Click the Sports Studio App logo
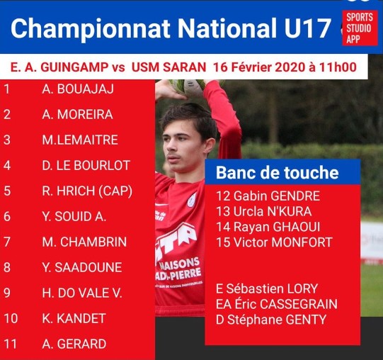[360, 28]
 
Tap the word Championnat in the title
[91, 28]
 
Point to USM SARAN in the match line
[168, 67]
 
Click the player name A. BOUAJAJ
[78, 89]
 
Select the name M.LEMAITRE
[80, 140]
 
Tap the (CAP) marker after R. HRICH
[115, 191]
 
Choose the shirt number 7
[7, 242]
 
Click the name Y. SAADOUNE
[82, 267]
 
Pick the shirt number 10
[11, 318]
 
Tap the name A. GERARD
[74, 344]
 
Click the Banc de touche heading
[278, 172]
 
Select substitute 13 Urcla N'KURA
[264, 212]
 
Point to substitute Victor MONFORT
[283, 242]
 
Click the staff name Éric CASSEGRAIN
[286, 304]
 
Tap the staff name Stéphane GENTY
[277, 320]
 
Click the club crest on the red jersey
[192, 200]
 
